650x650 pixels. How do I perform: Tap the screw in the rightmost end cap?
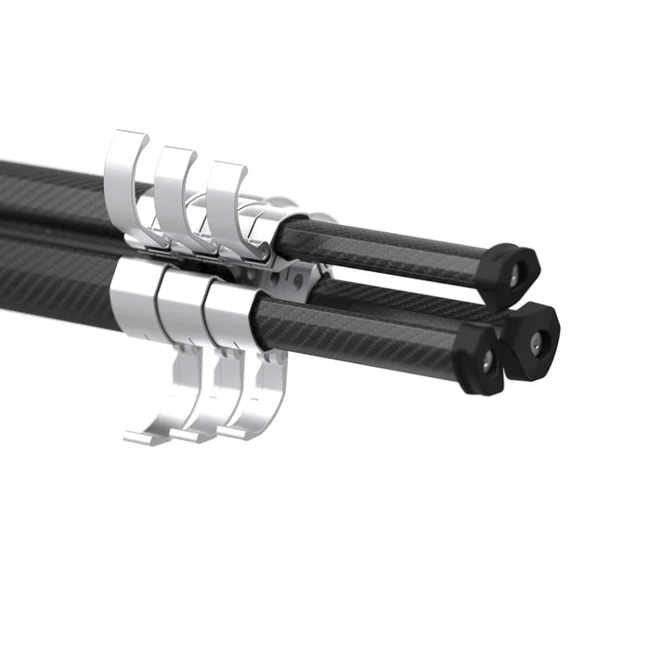pyautogui.click(x=536, y=341)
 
